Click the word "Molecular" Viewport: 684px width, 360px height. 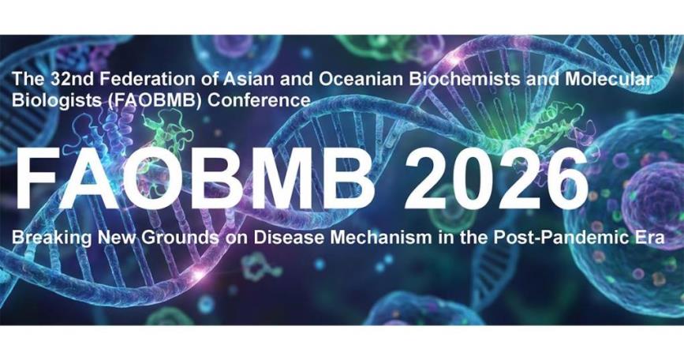click(609, 80)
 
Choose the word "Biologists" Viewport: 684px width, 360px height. click(56, 100)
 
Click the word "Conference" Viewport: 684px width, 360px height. click(259, 100)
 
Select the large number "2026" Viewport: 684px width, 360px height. click(496, 178)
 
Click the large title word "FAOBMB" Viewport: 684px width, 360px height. click(195, 178)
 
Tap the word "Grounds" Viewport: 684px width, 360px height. click(180, 238)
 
